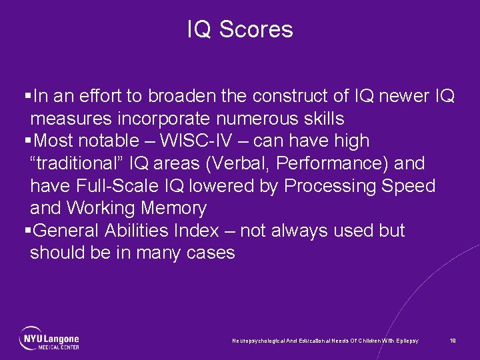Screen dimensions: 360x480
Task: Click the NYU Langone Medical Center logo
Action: point(49,338)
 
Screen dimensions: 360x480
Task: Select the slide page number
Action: point(453,341)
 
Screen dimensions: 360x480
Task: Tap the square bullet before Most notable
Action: point(27,141)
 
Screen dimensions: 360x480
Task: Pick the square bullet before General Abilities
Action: point(27,231)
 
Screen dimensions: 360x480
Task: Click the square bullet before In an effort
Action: point(27,97)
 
